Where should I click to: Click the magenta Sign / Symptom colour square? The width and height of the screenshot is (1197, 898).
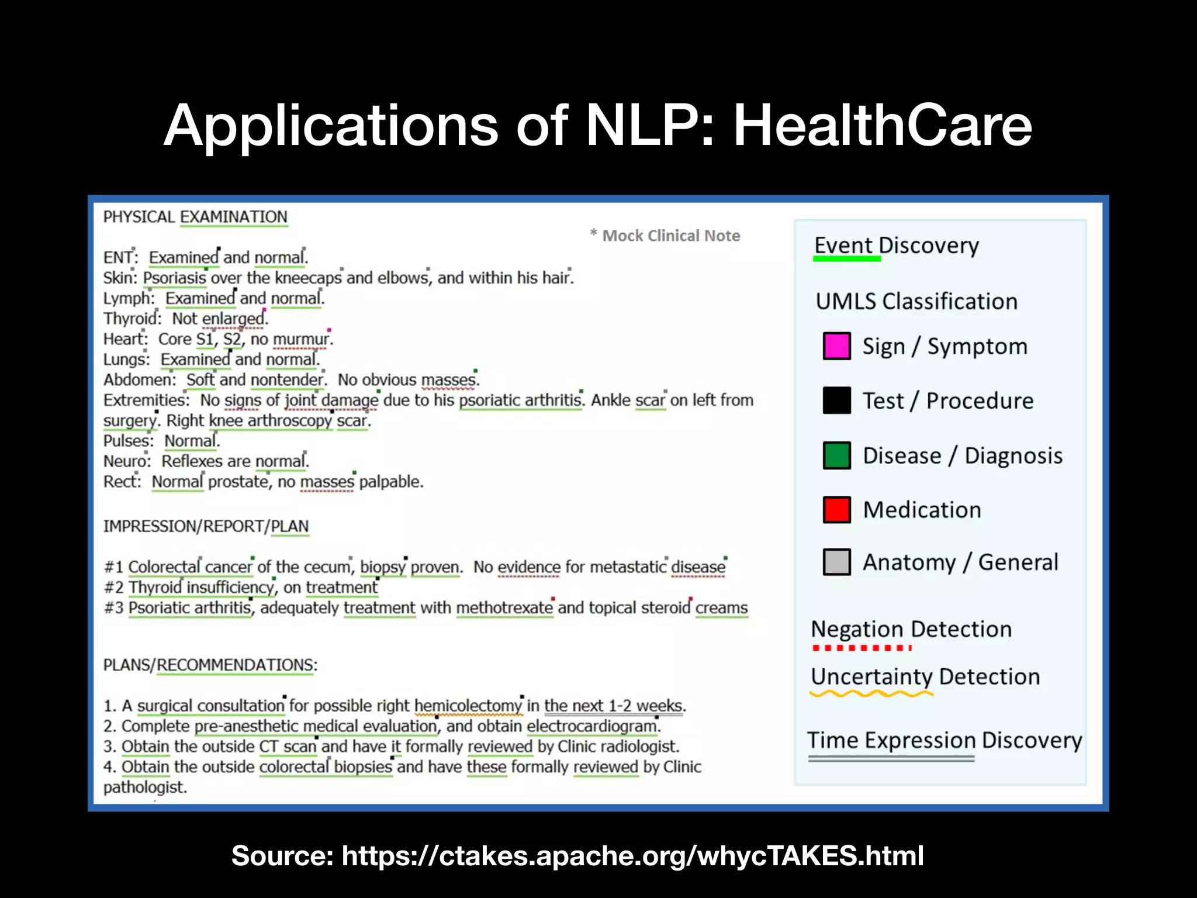pos(836,346)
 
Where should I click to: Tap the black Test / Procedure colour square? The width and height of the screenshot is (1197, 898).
pos(836,400)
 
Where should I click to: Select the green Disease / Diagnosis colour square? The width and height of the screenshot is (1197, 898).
pos(836,455)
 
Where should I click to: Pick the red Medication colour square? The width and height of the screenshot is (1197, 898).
pos(836,509)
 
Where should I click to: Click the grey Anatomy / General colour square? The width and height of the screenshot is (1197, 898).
pos(836,562)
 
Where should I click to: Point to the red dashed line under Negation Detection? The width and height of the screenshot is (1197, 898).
pos(862,648)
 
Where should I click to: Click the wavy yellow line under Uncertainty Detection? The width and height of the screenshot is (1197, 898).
pos(871,694)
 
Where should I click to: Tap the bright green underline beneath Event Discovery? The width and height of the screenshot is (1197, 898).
pos(847,258)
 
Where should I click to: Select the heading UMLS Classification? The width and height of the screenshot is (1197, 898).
pos(916,302)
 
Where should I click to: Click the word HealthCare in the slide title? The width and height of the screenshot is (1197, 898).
pos(883,125)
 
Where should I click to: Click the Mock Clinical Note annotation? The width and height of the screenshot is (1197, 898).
pos(670,236)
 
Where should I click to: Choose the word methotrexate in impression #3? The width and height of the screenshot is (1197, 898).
pos(504,608)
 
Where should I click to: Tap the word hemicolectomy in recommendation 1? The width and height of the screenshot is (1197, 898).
pos(468,706)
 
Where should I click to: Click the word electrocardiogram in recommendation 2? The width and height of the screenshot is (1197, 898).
pos(592,726)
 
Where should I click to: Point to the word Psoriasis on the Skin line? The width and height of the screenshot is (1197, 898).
pos(174,278)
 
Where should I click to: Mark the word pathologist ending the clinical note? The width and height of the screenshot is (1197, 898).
pos(145,788)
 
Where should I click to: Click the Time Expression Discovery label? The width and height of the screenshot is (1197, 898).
pos(945,740)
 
